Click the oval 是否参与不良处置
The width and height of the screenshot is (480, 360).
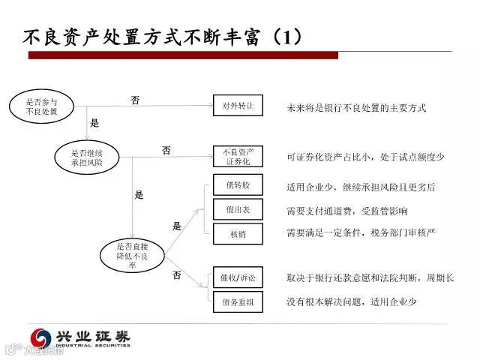click(x=40, y=107)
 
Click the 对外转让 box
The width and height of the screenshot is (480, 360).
click(x=238, y=106)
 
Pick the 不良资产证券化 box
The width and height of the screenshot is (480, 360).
click(x=238, y=156)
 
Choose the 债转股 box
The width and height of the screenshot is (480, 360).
click(x=238, y=184)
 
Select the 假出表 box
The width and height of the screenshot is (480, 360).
click(x=238, y=210)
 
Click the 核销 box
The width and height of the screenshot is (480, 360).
click(x=238, y=234)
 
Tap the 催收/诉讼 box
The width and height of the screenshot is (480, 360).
click(x=238, y=277)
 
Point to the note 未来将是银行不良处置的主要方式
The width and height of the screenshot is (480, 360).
click(x=356, y=108)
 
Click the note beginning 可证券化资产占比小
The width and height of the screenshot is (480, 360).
click(x=365, y=157)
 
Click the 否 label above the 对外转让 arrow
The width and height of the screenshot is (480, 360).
click(x=135, y=100)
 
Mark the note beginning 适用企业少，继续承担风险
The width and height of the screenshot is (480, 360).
click(x=361, y=187)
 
